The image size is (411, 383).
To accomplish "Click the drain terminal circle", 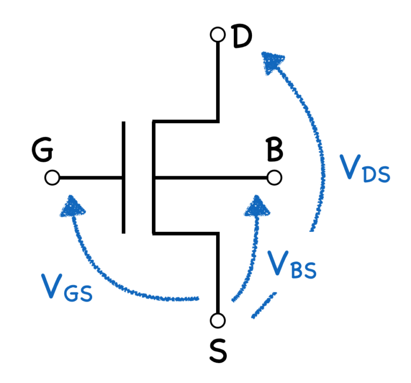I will tap(217, 35).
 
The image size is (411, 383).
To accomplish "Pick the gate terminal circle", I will tap(52, 178).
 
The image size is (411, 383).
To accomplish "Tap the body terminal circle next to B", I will tap(274, 178).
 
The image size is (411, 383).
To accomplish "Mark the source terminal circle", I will tap(217, 320).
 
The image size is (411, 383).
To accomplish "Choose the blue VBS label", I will tap(291, 265).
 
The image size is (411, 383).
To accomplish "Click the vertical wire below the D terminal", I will tap(218, 80).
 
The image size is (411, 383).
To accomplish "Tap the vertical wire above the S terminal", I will tap(218, 273).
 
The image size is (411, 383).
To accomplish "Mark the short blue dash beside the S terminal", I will tap(264, 306).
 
